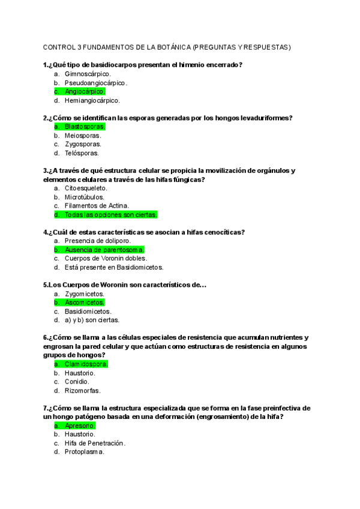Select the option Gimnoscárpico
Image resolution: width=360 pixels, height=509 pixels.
click(88, 74)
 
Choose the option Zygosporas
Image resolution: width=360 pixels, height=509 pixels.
click(83, 144)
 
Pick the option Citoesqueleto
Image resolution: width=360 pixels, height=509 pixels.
click(86, 188)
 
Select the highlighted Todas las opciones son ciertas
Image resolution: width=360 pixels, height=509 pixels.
click(110, 214)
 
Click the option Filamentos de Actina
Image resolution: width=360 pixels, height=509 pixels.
click(97, 205)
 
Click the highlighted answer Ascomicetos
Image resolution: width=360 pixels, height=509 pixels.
click(84, 303)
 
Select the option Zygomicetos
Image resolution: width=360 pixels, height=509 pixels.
click(85, 294)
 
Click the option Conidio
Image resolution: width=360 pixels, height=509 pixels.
click(77, 382)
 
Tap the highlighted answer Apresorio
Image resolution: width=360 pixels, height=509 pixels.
click(80, 426)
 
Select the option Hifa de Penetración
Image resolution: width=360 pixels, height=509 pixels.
click(95, 444)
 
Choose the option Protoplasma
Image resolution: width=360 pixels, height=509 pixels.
click(84, 452)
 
